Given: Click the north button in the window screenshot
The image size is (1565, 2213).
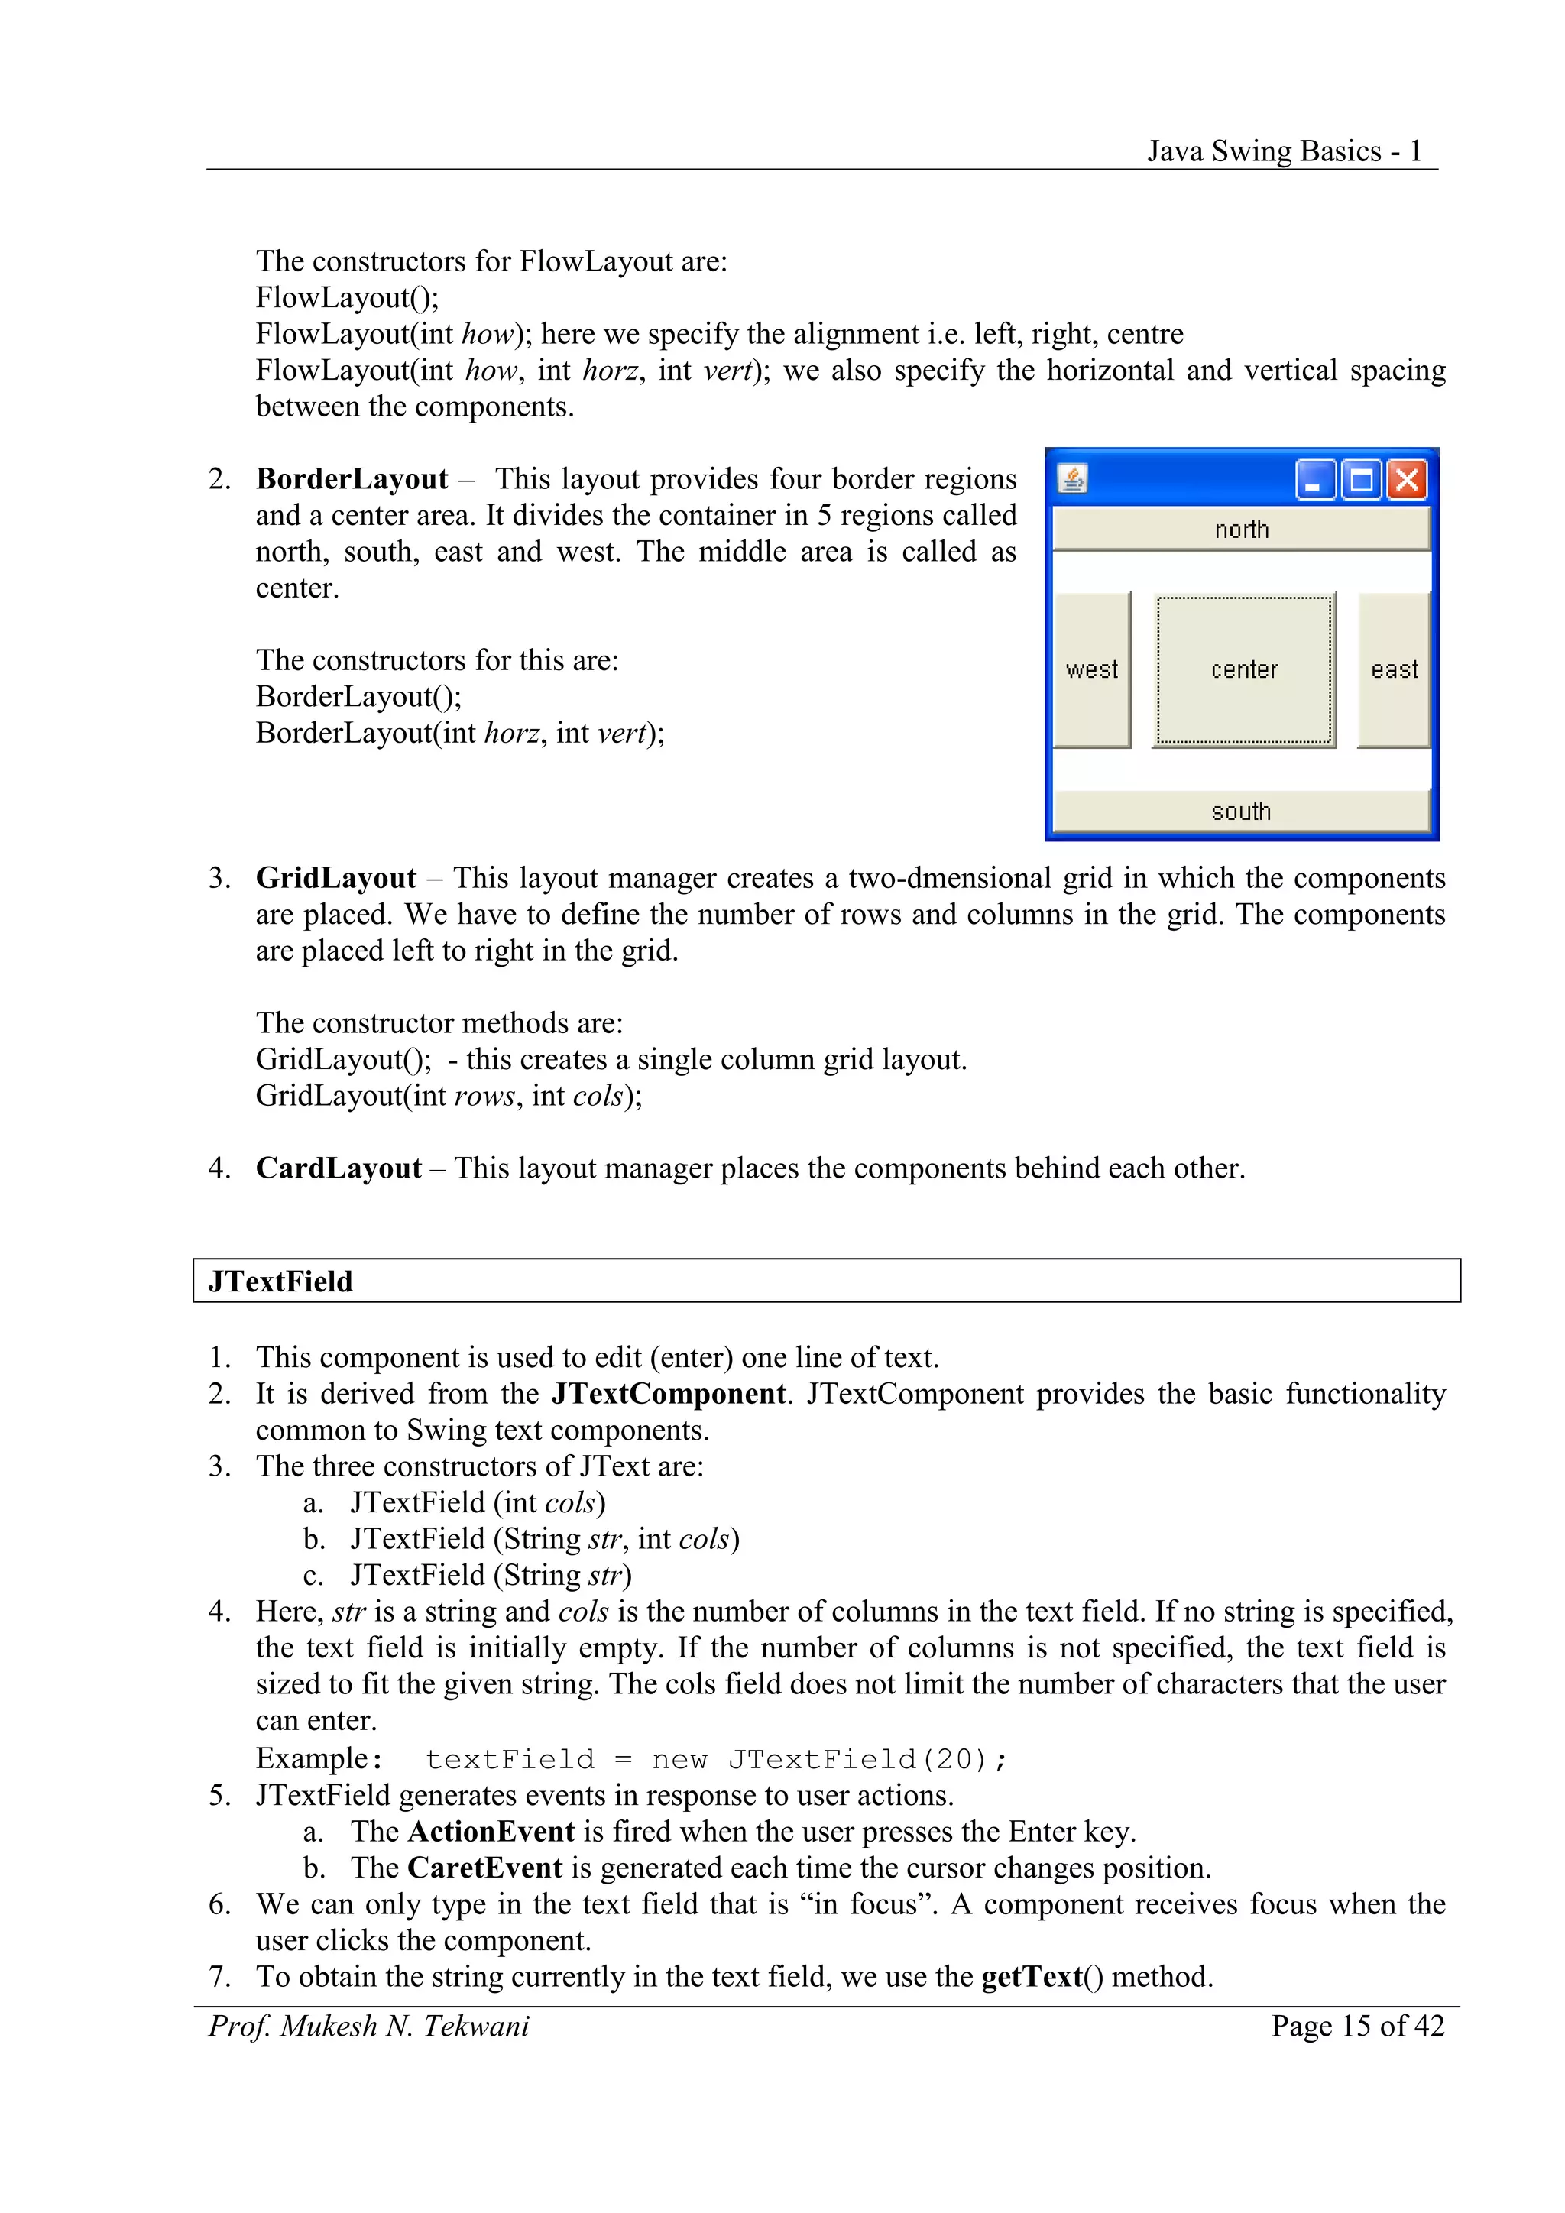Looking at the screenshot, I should tap(1241, 529).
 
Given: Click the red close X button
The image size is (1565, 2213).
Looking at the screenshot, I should tap(1407, 479).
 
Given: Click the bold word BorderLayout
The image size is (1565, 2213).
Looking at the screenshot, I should tap(352, 479).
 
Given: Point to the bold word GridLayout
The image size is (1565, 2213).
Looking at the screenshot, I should tap(335, 878).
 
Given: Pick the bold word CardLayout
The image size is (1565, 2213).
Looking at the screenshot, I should tap(339, 1168).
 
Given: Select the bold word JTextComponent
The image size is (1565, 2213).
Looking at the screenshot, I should tap(669, 1394).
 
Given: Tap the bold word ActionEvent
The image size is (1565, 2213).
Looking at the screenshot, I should tap(491, 1832).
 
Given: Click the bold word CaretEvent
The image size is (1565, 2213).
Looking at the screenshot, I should tap(484, 1868).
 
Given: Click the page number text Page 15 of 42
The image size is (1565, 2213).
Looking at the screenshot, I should tap(1357, 2026).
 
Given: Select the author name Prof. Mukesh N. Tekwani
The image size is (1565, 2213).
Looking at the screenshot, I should tap(369, 2026).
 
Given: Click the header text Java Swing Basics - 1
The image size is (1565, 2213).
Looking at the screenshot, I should tap(1284, 151).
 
